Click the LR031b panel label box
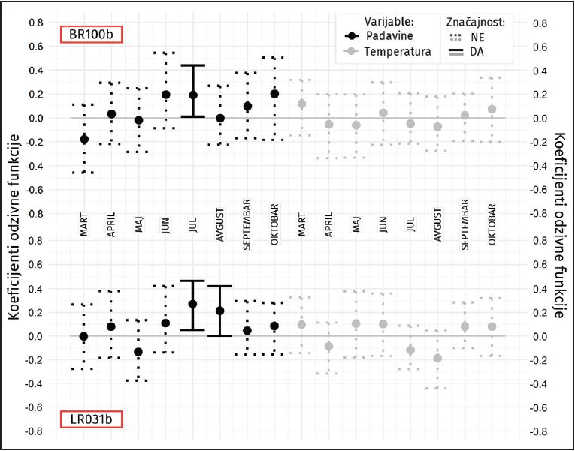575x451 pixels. pos(91,419)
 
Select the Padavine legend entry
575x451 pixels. pos(384,35)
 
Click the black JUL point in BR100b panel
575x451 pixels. pos(193,95)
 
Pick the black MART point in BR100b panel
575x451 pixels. pos(84,140)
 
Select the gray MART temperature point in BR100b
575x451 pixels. pos(302,104)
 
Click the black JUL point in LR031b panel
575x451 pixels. pos(193,304)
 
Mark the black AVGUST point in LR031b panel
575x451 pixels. pos(220,311)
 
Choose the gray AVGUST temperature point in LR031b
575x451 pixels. pos(437,358)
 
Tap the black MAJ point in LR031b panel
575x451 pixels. pos(138,352)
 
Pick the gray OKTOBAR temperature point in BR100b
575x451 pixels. pos(492,110)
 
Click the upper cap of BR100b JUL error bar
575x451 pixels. pos(193,65)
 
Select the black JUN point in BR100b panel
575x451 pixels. pos(166,95)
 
